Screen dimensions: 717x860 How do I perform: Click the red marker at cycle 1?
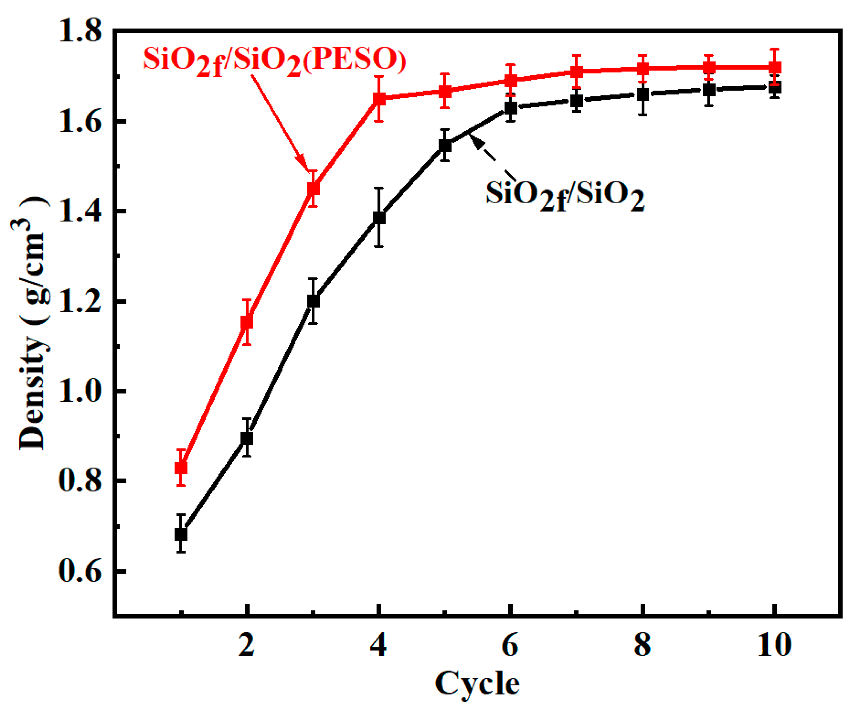pos(181,468)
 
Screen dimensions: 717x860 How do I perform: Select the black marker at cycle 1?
pos(181,534)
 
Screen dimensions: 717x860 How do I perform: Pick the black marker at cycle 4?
pos(379,217)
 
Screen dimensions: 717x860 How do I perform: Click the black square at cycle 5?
pos(445,145)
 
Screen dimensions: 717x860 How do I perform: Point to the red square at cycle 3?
pos(313,188)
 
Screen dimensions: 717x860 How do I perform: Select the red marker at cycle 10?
pos(774,67)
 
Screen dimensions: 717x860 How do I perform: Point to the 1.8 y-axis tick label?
pos(80,31)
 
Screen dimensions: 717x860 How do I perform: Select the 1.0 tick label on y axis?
pos(80,391)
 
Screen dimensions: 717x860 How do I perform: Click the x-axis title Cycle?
pos(477,684)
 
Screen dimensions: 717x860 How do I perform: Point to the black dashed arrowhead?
pos(475,141)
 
